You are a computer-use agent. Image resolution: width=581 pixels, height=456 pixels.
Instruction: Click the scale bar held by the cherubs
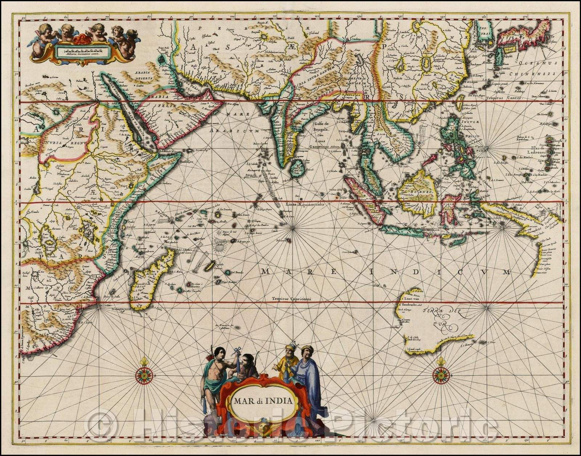[82, 50]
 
